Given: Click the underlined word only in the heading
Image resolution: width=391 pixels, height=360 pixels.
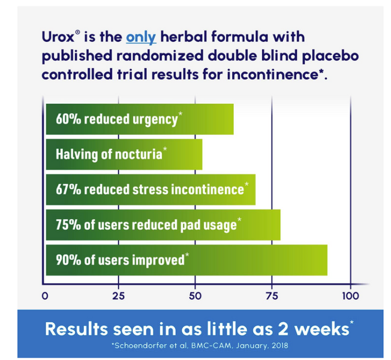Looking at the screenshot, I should [141, 37].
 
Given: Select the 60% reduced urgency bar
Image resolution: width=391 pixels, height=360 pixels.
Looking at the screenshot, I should [139, 119].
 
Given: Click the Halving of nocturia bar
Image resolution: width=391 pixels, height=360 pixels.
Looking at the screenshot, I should [124, 154].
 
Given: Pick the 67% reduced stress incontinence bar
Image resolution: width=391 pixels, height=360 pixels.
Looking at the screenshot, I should [150, 190].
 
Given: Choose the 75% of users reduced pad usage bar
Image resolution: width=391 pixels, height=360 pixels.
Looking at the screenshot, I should [163, 225].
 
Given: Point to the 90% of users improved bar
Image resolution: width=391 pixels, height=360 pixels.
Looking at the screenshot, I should [186, 260].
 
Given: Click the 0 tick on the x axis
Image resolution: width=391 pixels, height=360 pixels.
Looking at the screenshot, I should [45, 296].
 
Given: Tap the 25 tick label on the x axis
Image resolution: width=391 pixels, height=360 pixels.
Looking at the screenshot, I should [119, 296].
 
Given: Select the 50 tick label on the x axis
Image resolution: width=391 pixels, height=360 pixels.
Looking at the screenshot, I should [195, 296].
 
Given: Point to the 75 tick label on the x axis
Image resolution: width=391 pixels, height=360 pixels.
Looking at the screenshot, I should [272, 296].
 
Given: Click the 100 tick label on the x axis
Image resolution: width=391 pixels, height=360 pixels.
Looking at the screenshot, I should [350, 296].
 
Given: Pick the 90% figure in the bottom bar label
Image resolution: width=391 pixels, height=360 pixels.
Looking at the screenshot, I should [68, 260].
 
